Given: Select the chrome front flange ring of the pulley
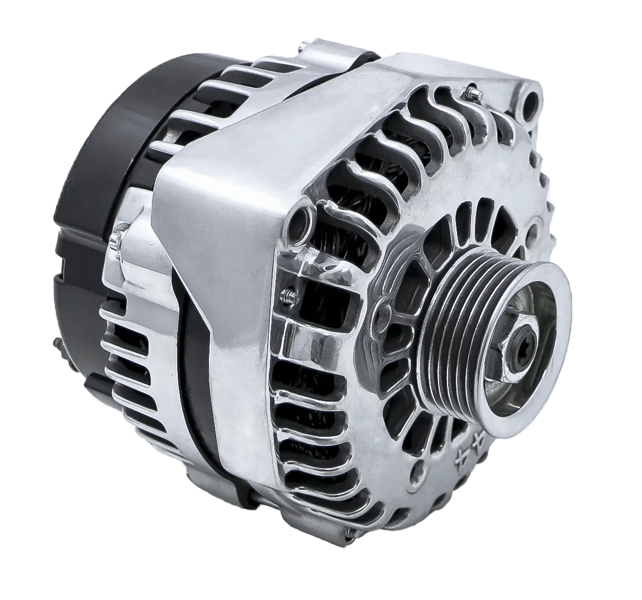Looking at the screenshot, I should [x=536, y=385].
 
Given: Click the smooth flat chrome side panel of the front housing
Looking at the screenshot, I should [x=223, y=223].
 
